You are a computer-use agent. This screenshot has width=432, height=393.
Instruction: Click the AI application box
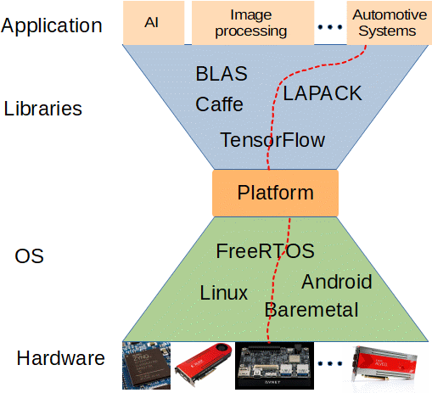[152, 23]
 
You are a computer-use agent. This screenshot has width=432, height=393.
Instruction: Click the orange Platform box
[275, 193]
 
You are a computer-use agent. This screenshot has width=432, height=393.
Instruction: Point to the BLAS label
[222, 75]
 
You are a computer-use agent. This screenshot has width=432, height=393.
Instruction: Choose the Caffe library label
[219, 105]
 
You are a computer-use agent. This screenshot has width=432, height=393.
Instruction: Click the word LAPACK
[323, 93]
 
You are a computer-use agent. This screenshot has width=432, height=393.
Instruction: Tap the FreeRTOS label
[265, 251]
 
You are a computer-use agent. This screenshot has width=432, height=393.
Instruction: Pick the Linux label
[224, 294]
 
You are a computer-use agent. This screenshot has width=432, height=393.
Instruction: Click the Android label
[336, 282]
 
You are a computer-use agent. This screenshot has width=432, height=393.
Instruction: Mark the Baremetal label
[311, 310]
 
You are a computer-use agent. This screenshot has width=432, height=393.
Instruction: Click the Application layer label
[52, 25]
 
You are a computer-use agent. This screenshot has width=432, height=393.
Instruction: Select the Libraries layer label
[42, 109]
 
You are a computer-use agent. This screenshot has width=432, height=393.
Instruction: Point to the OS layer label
[30, 256]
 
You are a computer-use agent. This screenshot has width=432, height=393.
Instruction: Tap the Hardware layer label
[60, 358]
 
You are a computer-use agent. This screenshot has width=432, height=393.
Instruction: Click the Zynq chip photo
[147, 364]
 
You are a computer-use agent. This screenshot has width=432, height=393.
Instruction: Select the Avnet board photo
[274, 365]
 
